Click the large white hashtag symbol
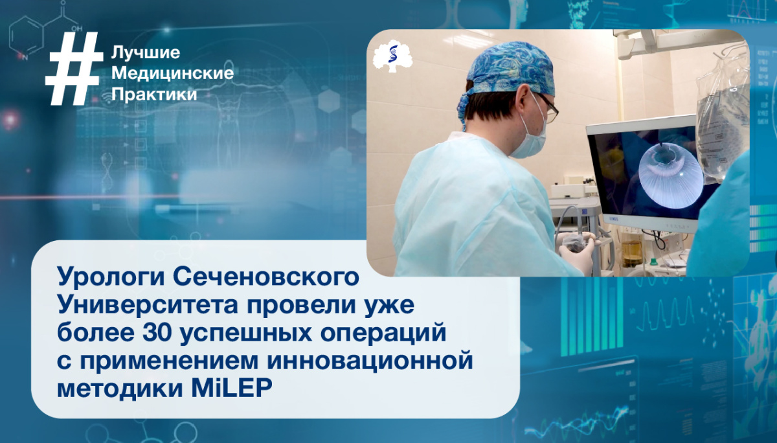(x=73, y=69)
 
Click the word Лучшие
(x=146, y=52)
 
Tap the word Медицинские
(x=172, y=73)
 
